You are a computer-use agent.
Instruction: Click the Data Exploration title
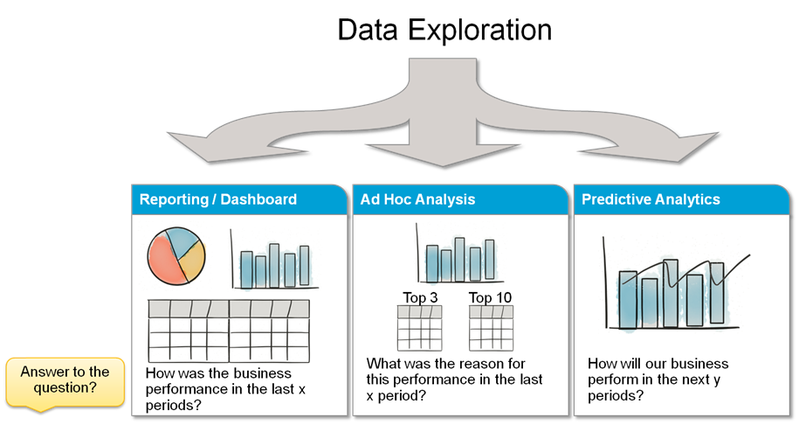444,30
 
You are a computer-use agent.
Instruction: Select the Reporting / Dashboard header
218,199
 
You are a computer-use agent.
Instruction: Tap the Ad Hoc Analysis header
418,199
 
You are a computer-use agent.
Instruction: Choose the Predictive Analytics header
651,199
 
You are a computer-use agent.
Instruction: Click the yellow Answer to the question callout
65,381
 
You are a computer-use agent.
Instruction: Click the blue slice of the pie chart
182,241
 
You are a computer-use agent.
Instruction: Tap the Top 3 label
420,297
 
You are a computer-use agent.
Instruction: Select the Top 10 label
490,297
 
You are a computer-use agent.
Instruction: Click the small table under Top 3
419,328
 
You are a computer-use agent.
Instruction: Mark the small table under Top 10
491,328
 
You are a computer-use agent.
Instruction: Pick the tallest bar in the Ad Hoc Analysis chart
459,259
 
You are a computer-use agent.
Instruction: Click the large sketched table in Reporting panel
228,331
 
